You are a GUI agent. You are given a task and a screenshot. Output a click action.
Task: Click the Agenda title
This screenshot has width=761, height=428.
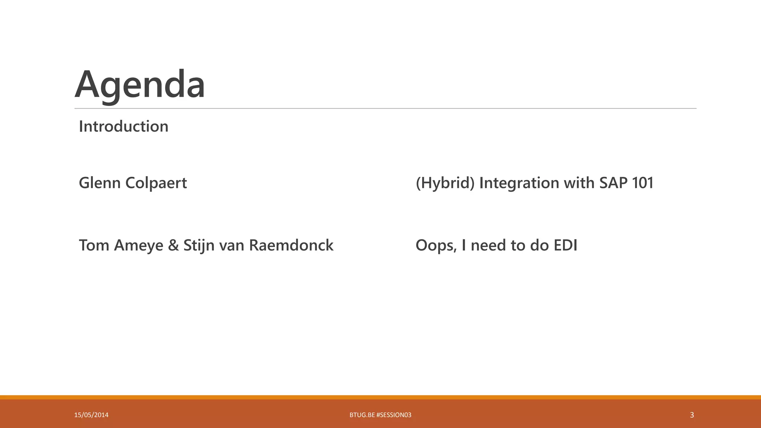click(x=140, y=84)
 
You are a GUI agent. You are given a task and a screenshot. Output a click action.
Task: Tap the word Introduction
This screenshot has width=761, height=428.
click(x=123, y=126)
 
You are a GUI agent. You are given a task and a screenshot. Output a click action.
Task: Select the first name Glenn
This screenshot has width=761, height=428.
click(x=100, y=183)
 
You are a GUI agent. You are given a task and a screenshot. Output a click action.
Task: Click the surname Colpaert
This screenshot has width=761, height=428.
click(x=156, y=183)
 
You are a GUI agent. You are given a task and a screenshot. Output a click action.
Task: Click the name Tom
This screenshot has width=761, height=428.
click(x=94, y=245)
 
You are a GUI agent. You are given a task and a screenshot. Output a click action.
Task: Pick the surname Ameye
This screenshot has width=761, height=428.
click(x=138, y=245)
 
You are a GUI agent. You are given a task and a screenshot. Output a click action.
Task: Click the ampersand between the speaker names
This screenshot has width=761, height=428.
click(x=173, y=245)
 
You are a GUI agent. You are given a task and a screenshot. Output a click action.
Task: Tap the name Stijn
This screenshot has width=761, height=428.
click(x=199, y=245)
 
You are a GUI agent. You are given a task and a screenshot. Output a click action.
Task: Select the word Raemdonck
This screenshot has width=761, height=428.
click(x=291, y=245)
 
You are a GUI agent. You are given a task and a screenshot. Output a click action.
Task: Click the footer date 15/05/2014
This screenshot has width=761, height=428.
click(x=91, y=415)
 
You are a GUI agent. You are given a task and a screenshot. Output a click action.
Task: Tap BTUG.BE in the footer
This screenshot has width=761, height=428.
click(x=362, y=415)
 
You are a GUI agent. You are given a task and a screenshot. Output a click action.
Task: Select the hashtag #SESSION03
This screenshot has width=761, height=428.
click(x=394, y=415)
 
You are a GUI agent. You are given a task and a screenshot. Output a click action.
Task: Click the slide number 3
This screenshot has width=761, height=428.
click(x=692, y=415)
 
